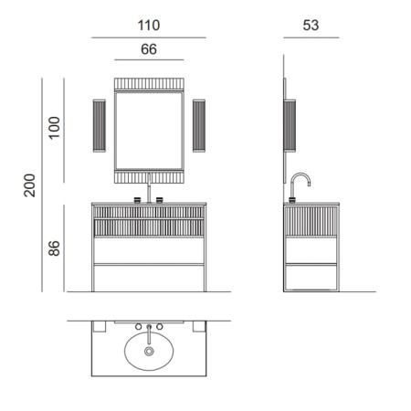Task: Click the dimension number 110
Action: point(149,25)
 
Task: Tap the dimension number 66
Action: point(149,49)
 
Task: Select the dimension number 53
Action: point(311,25)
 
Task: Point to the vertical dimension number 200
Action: point(30,185)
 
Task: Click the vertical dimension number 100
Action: point(54,128)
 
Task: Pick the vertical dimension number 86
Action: point(54,248)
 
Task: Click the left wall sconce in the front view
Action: point(100,126)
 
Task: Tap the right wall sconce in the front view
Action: point(199,126)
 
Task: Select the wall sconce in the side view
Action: point(290,126)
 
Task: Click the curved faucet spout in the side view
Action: point(300,174)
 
